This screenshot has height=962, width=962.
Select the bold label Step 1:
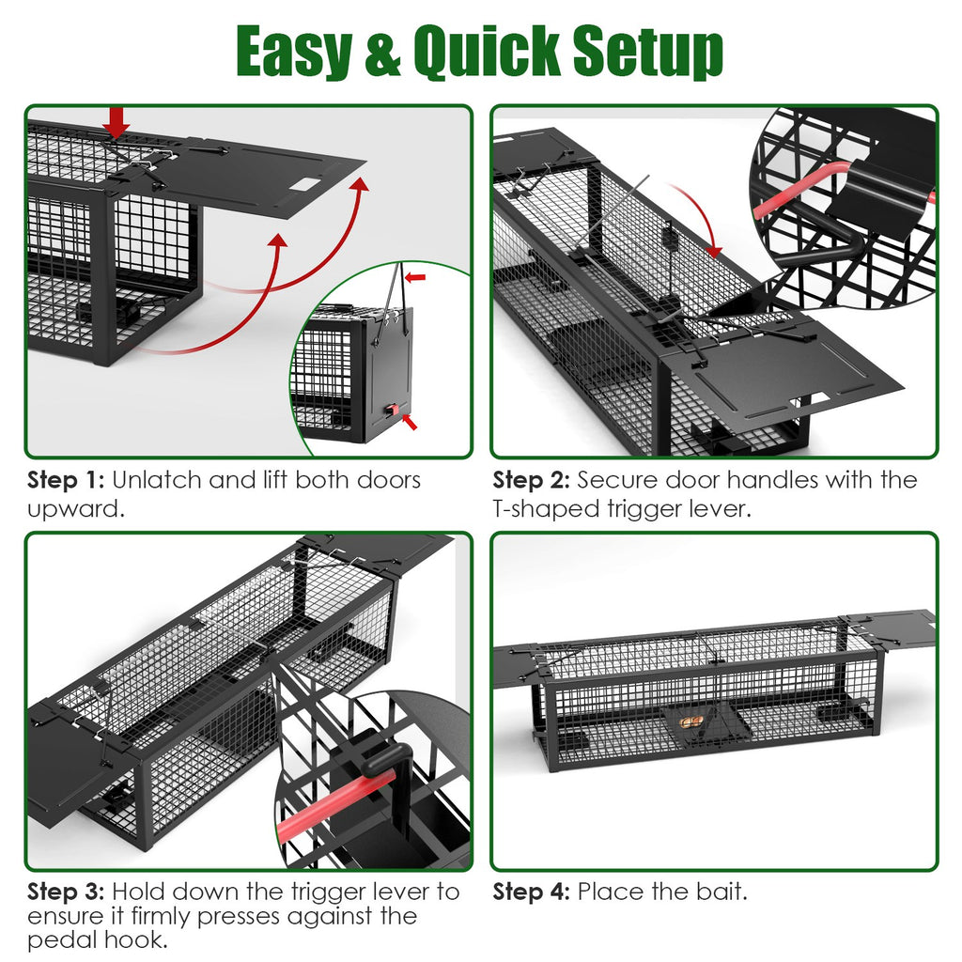click(x=66, y=480)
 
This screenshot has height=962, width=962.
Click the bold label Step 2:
click(x=531, y=480)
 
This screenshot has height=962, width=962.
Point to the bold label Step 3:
click(x=66, y=892)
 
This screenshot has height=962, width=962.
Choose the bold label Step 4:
click(x=531, y=892)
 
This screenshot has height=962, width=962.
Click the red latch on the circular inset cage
click(x=397, y=411)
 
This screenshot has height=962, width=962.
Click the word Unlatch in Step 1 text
click(x=156, y=480)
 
